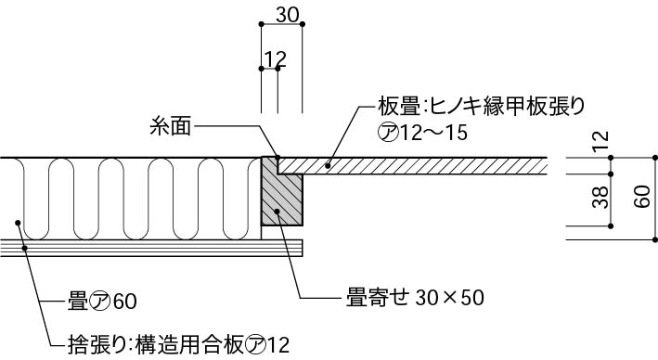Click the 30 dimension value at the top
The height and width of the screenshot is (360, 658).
[288, 13]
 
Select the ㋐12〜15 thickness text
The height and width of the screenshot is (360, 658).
[421, 132]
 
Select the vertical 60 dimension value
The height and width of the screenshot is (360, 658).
[640, 198]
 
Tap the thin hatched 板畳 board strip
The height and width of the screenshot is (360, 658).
[418, 165]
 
